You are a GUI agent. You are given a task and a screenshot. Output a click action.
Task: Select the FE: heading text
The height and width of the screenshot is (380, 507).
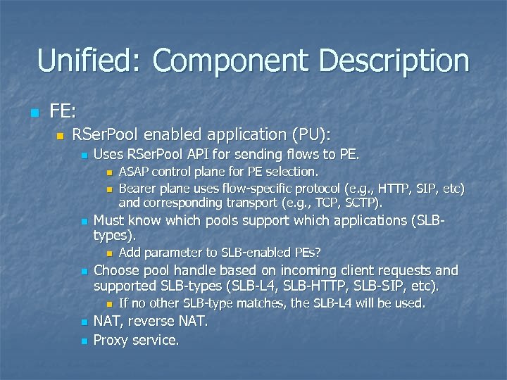pos(64,110)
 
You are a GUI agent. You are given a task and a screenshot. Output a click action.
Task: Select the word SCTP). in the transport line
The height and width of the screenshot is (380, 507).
pos(361,203)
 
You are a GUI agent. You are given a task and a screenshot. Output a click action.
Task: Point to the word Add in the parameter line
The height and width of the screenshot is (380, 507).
pos(130,252)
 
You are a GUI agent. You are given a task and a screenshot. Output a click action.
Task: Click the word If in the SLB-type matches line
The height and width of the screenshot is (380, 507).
pos(124,303)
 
